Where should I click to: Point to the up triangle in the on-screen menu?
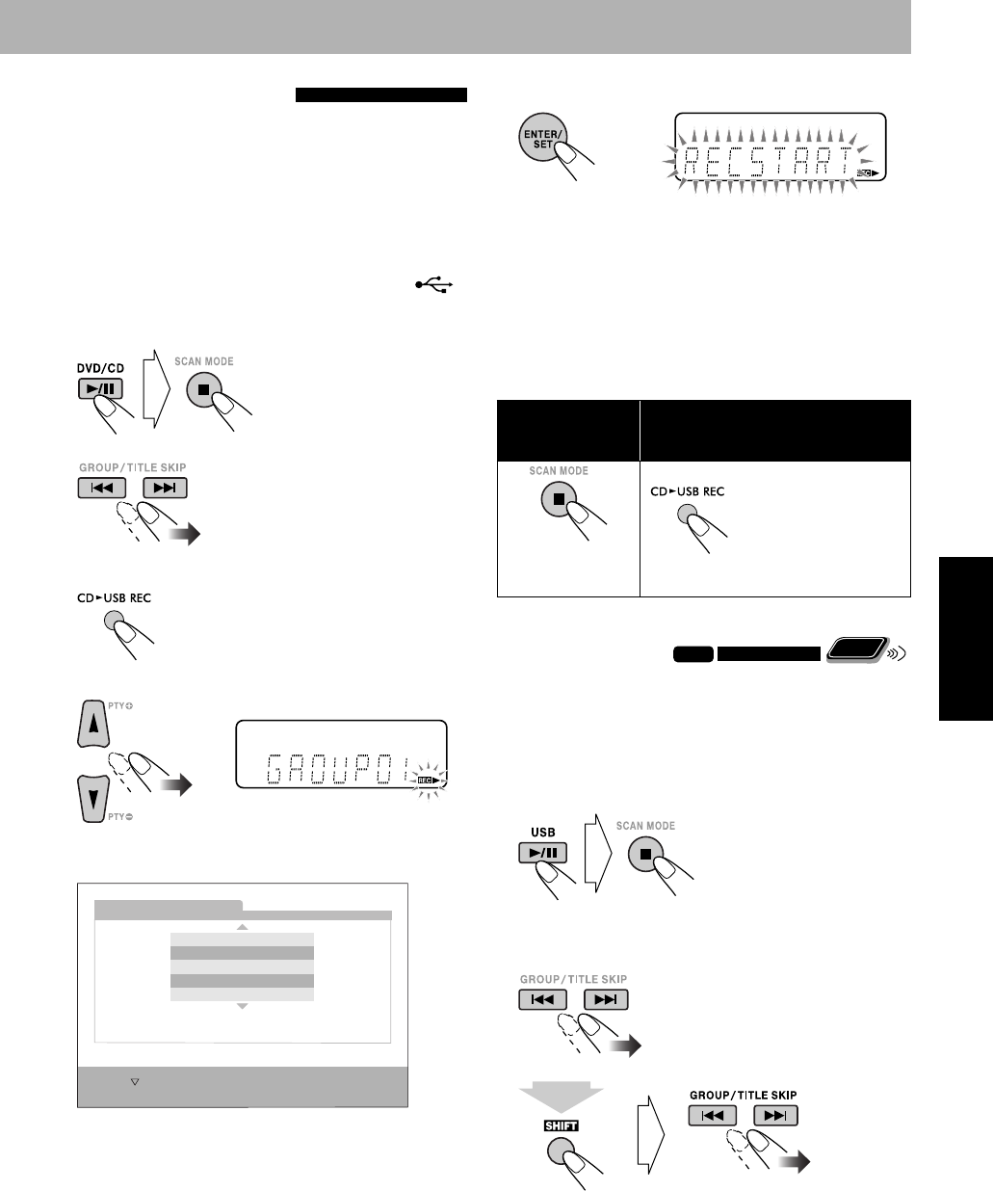[x=243, y=927]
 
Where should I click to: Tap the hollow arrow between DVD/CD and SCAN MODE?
[x=154, y=390]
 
